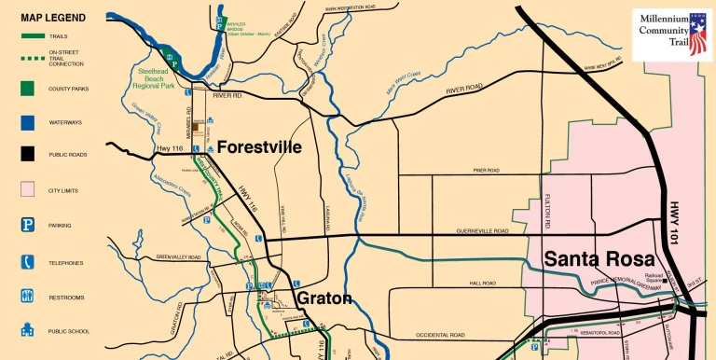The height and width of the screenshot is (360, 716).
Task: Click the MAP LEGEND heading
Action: point(53,18)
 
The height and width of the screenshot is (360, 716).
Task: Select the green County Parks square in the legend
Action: point(27,90)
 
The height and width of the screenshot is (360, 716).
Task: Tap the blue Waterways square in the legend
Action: point(27,122)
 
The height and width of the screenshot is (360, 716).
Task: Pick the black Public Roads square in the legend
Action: point(27,155)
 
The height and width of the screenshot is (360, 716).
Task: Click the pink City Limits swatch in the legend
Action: point(27,190)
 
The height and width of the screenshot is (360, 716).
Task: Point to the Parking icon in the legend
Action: point(27,226)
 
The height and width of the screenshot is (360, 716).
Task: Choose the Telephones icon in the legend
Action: point(27,263)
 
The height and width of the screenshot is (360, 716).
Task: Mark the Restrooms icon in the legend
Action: point(27,298)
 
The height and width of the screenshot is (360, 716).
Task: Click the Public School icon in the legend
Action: point(27,331)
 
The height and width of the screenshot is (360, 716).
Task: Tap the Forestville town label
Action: point(260,147)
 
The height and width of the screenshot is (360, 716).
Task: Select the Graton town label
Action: point(324,298)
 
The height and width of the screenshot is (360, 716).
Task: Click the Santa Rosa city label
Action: point(599,259)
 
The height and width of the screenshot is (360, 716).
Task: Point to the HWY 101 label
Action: point(677,225)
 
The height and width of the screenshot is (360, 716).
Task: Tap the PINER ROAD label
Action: point(486,171)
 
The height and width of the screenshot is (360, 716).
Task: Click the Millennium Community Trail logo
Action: point(670,35)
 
